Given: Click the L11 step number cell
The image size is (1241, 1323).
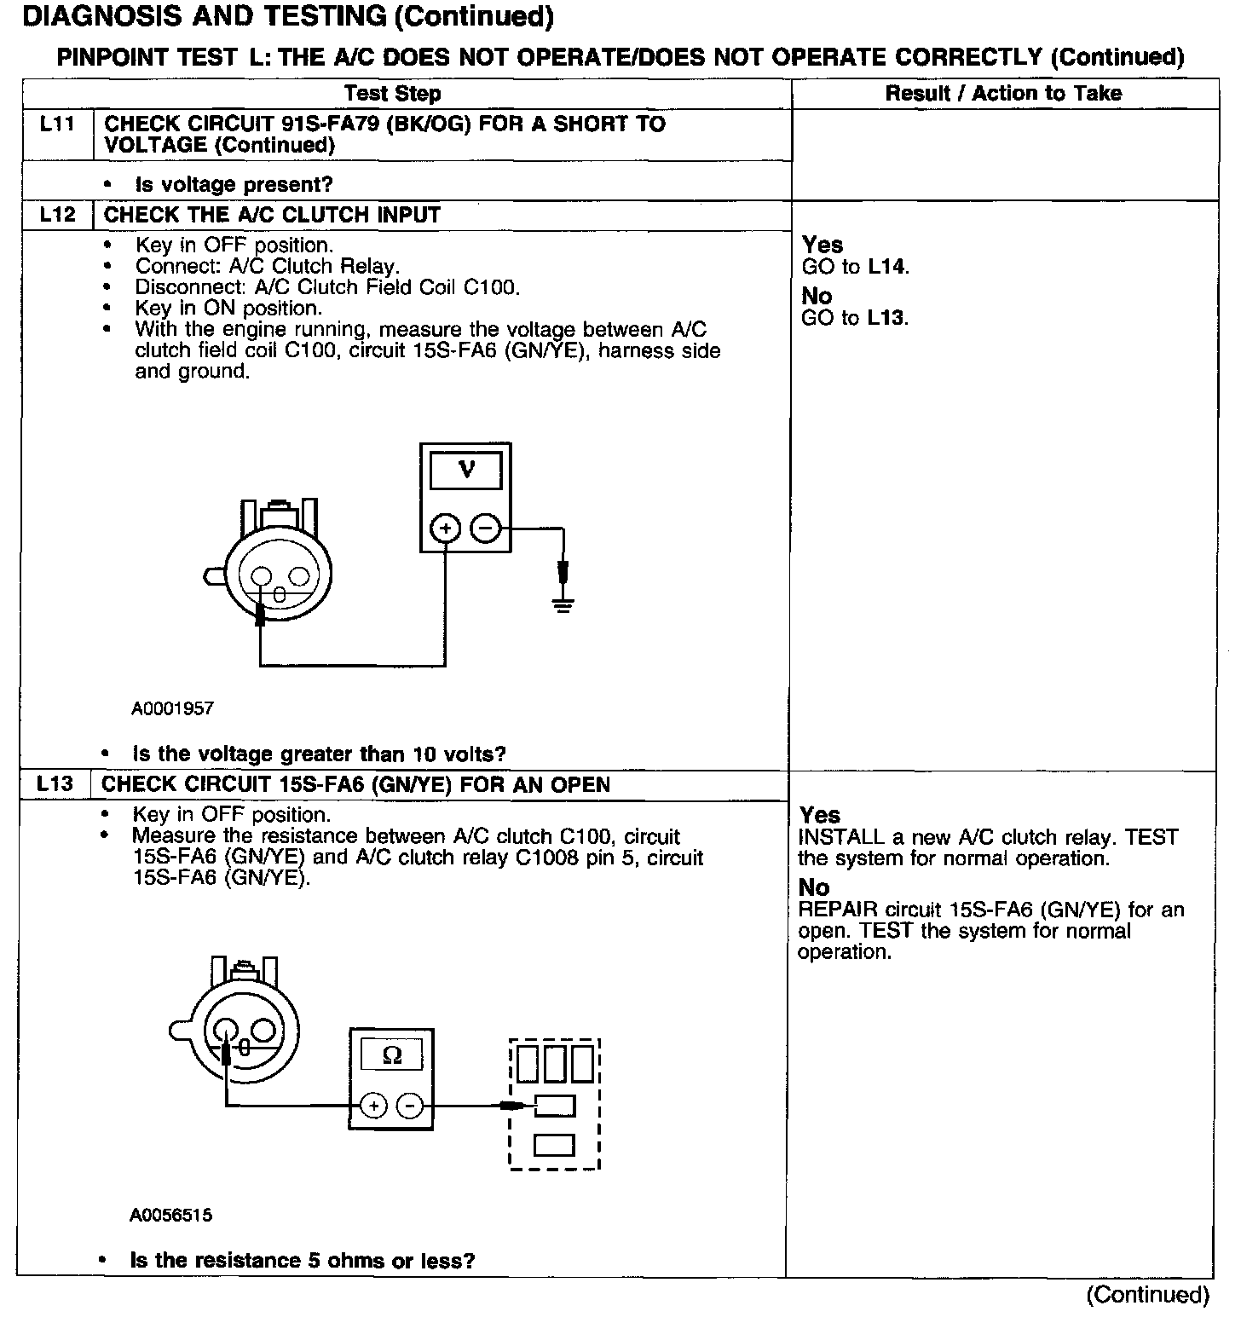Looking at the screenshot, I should [57, 124].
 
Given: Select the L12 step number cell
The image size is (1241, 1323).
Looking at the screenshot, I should [57, 215].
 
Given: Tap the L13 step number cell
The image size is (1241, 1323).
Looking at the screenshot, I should [55, 784].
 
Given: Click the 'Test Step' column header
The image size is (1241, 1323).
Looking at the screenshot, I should [392, 94].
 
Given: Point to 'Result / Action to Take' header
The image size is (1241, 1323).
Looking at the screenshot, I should [1003, 94].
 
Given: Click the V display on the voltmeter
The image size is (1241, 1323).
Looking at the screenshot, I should [465, 470].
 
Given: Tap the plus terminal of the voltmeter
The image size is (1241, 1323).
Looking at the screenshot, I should [445, 529].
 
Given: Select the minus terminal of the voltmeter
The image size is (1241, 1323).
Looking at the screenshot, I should [485, 529].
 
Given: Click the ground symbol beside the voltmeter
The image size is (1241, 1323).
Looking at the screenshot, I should [563, 605].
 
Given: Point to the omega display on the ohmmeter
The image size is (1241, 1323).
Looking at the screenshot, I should [392, 1056].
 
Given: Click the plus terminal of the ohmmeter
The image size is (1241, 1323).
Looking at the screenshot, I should [373, 1106].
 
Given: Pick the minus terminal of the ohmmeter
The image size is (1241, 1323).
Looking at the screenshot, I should [410, 1106].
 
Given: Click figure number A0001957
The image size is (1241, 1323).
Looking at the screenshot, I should [172, 708].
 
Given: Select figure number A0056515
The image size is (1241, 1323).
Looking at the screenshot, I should [170, 1216].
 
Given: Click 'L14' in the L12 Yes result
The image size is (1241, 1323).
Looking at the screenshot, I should [887, 267].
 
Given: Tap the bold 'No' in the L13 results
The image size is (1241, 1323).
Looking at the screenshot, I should [815, 887].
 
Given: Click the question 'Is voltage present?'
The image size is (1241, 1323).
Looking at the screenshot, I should [234, 184].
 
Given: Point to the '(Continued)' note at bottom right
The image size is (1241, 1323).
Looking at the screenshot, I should [1147, 1295].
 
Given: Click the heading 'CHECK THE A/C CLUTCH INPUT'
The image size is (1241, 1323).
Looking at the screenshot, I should [271, 215].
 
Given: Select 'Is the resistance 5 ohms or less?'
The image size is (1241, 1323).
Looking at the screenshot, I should [302, 1260].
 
